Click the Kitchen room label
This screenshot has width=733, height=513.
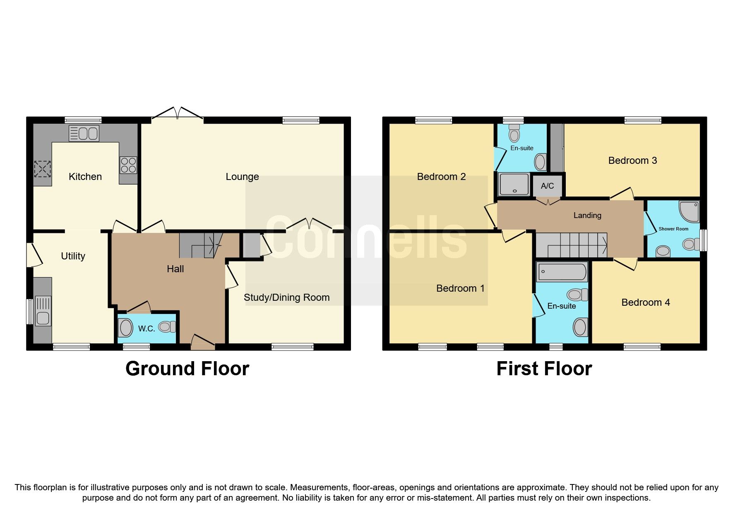[85, 177]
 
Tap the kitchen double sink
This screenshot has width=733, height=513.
[84, 134]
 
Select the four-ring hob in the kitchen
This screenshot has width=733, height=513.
[129, 165]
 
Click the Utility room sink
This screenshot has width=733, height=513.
[43, 311]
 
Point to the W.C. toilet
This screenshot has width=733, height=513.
[167, 327]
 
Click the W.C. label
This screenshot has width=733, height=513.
[147, 329]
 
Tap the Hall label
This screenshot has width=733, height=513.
[175, 269]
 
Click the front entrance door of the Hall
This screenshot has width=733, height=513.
[203, 342]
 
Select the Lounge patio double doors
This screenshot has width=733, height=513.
[178, 114]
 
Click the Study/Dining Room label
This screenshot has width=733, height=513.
[286, 297]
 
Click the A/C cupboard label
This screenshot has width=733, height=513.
[547, 186]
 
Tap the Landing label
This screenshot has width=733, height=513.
[587, 215]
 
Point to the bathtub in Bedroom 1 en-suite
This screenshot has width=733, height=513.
[562, 272]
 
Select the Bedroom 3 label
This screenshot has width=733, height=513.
[632, 161]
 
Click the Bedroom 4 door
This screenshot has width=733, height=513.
[625, 264]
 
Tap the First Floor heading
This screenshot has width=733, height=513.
[544, 369]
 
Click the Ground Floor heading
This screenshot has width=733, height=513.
[187, 369]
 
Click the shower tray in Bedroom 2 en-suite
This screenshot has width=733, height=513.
[514, 185]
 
